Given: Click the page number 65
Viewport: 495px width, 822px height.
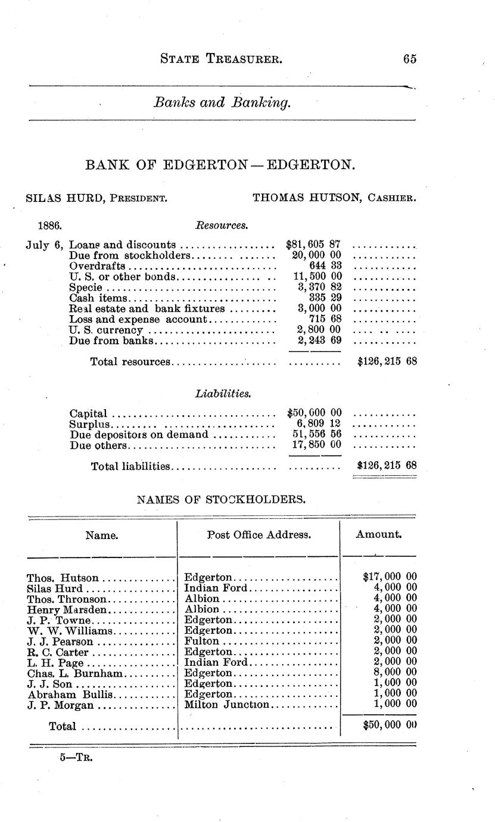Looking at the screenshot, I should pos(409,59).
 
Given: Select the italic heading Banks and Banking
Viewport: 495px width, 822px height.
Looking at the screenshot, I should pos(222,102).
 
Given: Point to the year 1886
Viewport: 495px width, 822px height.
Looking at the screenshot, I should pos(50,226).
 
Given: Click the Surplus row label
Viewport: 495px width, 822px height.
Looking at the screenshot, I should pos(90,424).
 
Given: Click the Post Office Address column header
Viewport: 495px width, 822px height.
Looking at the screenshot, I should pos(259,535).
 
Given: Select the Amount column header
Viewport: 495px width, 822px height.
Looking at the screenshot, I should pos(379,534).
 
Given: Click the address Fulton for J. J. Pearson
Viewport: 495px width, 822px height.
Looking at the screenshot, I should pos(201,642).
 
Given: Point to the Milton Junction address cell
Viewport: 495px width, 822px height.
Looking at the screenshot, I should pos(227,705).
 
